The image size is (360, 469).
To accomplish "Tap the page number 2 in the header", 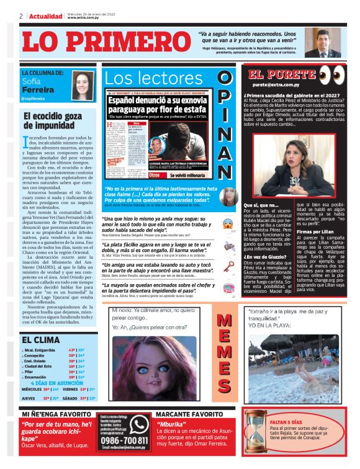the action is tap(21, 16).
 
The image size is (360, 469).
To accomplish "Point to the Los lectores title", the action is tap(153, 78).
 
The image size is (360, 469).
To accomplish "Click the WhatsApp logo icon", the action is tap(139, 425).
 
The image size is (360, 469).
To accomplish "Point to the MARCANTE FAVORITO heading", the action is tap(189, 413).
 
